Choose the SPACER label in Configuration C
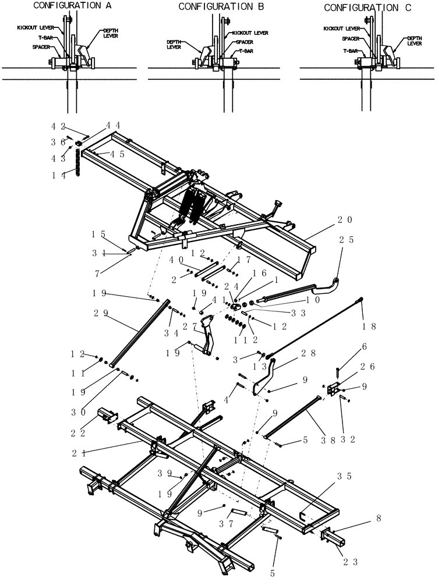coord(350,38)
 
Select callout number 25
coord(344,240)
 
